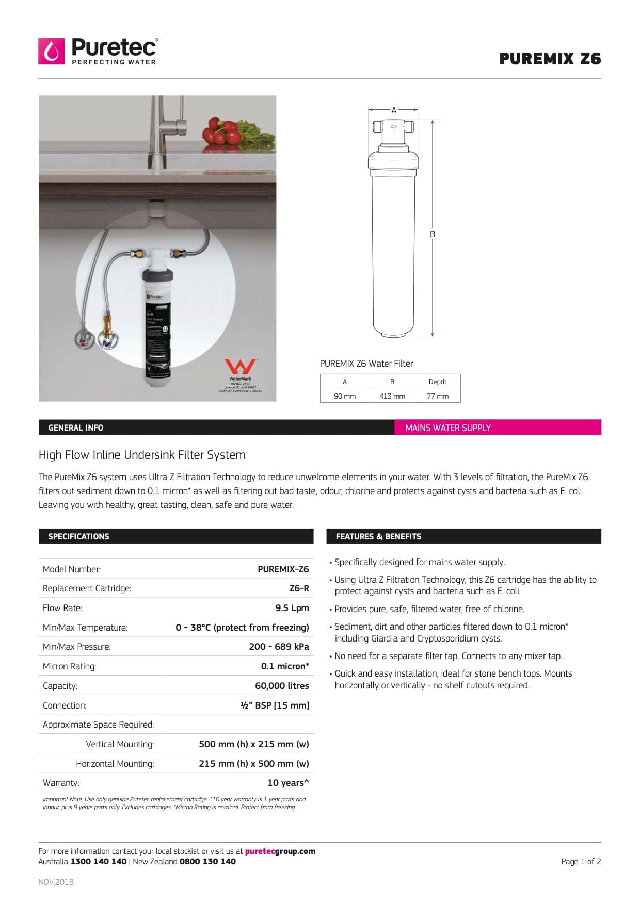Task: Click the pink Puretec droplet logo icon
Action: click(51, 51)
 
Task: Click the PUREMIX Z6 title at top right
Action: click(550, 59)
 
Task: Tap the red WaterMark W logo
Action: click(240, 367)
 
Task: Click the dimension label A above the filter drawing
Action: click(394, 110)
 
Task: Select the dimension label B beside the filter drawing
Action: click(433, 234)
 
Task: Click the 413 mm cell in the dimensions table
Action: click(392, 396)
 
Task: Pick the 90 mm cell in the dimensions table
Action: click(345, 396)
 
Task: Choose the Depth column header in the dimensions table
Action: click(438, 382)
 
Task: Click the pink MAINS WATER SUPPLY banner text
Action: click(447, 428)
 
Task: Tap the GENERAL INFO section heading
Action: click(75, 428)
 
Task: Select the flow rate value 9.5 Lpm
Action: click(292, 608)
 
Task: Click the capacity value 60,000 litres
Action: click(282, 686)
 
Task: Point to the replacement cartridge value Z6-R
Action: click(299, 588)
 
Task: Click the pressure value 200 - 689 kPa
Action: click(279, 647)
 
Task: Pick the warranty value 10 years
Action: click(288, 783)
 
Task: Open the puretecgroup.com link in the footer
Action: click(280, 851)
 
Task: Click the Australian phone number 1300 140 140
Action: click(98, 862)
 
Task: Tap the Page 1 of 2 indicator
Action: click(581, 862)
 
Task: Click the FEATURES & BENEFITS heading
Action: click(378, 536)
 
